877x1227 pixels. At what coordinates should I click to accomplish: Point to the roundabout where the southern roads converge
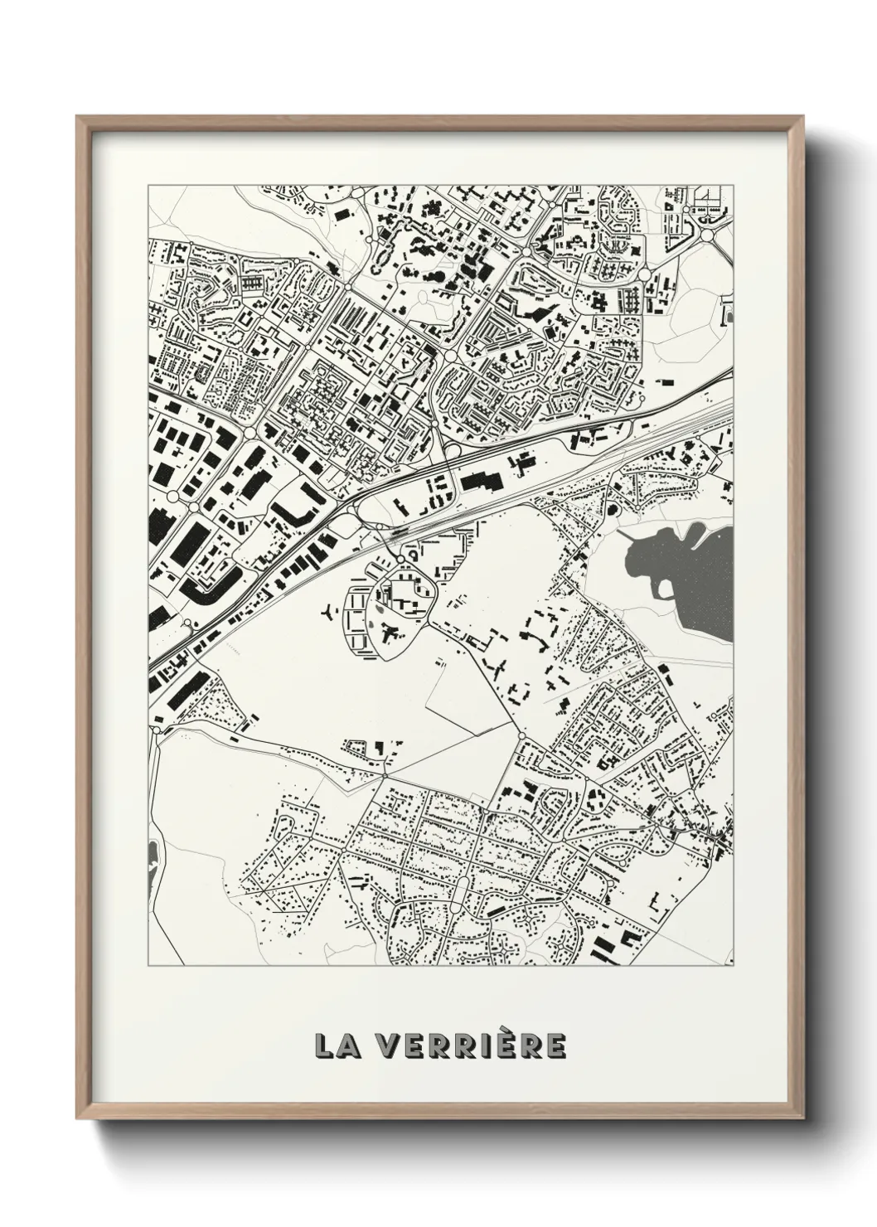tap(521, 735)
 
